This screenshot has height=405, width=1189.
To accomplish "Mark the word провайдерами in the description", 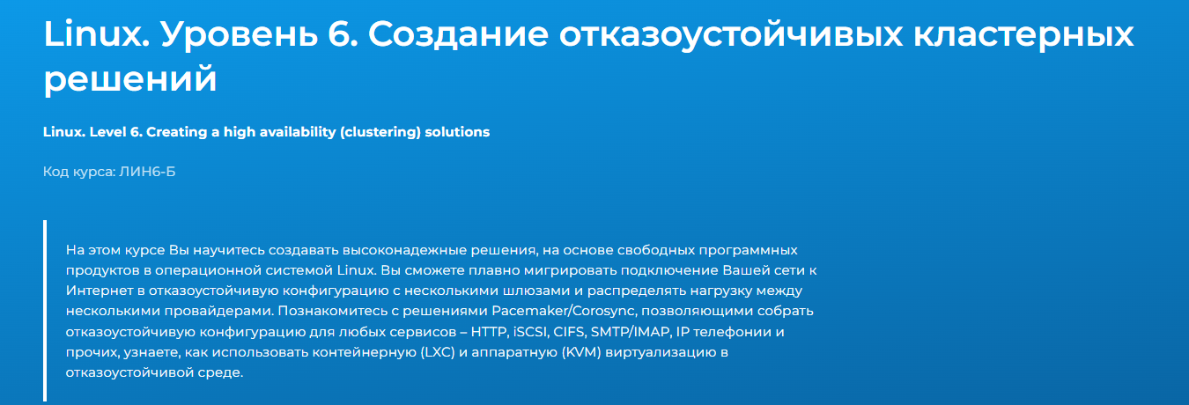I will [x=219, y=312].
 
